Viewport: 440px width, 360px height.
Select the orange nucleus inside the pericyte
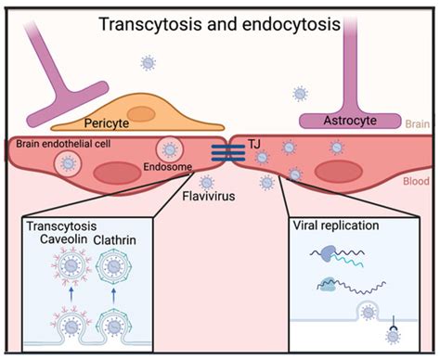(x=141, y=113)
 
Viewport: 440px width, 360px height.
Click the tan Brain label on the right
(x=418, y=122)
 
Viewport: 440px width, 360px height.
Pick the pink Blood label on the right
(x=416, y=182)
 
